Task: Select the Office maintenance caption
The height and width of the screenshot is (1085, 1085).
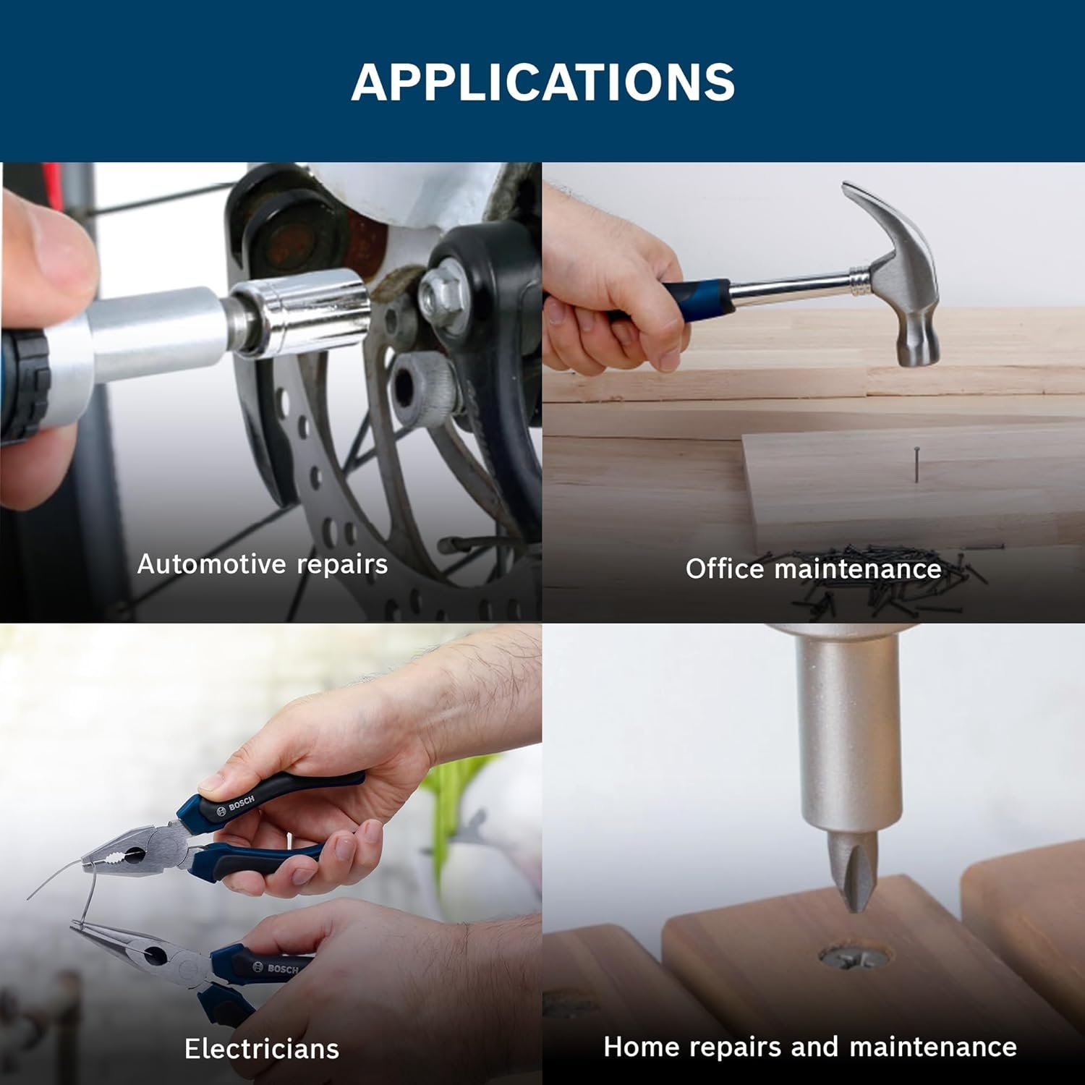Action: click(x=813, y=569)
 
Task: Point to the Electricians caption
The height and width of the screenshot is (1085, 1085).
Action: click(x=262, y=1048)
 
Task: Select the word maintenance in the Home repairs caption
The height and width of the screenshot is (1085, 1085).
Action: click(x=933, y=1047)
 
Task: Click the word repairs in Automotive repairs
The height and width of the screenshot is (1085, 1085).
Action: click(x=339, y=565)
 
